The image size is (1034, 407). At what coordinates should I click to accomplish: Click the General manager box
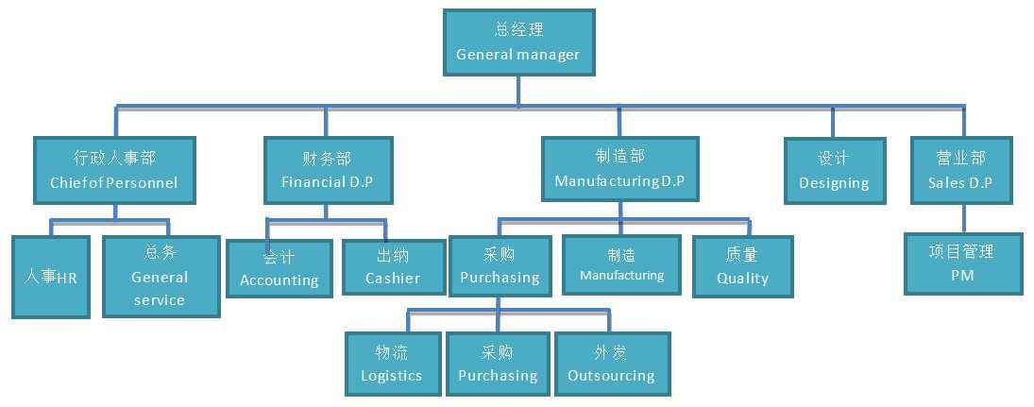click(518, 42)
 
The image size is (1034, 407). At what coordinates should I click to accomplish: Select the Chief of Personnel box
click(114, 170)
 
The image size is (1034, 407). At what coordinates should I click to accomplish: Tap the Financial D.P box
click(327, 170)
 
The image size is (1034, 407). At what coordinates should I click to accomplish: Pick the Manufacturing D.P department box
click(619, 169)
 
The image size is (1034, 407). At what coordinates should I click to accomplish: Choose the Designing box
click(834, 171)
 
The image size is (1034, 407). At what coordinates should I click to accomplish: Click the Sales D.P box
click(959, 170)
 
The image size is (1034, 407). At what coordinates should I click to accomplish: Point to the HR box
click(52, 277)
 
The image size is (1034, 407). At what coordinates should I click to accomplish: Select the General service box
click(160, 276)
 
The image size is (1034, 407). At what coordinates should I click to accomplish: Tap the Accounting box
click(279, 268)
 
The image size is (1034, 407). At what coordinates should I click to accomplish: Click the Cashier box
click(392, 267)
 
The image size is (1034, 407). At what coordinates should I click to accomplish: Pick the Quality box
click(742, 266)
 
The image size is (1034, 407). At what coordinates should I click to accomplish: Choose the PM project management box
click(961, 263)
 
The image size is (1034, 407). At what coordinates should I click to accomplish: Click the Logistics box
click(391, 364)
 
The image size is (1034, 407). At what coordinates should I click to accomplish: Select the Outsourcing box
click(611, 364)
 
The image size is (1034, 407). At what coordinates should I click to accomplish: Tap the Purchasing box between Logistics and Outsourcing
click(498, 364)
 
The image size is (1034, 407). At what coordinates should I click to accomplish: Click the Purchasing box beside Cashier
click(500, 266)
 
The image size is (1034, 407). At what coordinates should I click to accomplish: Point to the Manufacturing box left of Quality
click(621, 264)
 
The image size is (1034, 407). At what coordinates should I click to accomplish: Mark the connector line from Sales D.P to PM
click(962, 218)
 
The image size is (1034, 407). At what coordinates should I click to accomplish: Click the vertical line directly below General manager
click(518, 91)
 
